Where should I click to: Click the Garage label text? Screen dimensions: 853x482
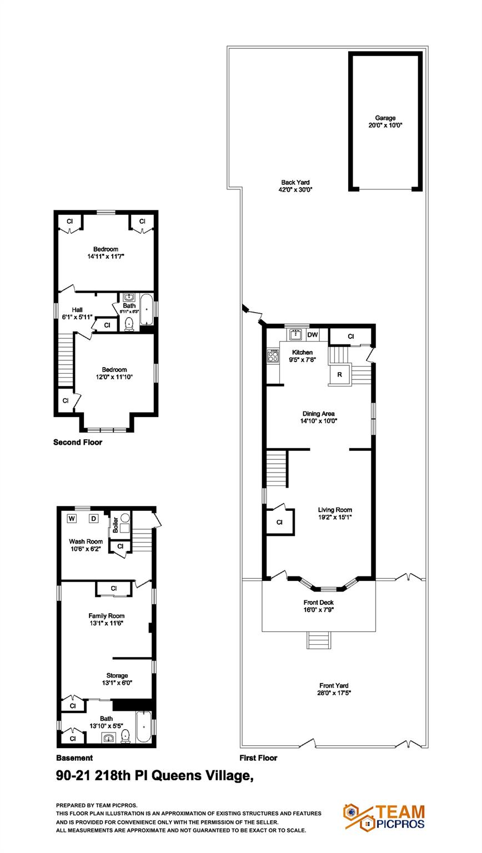click(385, 118)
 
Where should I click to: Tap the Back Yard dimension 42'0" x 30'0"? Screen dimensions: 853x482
click(295, 189)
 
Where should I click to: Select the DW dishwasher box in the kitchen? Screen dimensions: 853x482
click(313, 335)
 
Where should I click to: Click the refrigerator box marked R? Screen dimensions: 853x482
click(339, 375)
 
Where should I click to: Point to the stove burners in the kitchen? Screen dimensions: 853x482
click(273, 355)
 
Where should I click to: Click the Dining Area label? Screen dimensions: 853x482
click(318, 413)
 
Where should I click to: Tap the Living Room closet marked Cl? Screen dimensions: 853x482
click(279, 522)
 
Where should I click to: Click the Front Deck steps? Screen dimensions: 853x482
click(319, 640)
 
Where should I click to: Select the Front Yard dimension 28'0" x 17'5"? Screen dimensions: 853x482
click(334, 693)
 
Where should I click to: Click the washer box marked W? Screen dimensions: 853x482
click(72, 519)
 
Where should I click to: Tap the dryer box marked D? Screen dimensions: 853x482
click(94, 519)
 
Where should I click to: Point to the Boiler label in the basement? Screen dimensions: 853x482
click(116, 525)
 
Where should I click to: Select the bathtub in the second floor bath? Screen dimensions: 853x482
click(147, 310)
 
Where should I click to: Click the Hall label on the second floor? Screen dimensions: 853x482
click(77, 310)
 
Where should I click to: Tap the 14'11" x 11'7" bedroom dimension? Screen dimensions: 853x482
click(105, 257)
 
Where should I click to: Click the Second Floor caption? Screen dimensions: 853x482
click(77, 443)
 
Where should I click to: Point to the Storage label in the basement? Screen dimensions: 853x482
click(117, 675)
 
